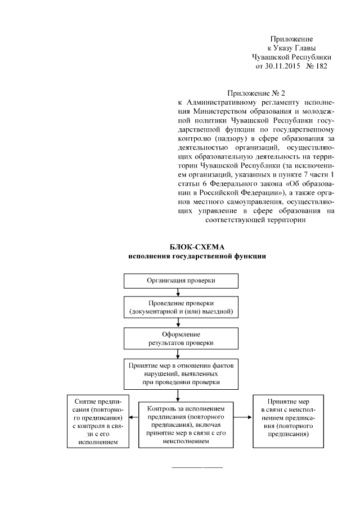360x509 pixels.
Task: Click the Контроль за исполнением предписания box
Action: pos(186,425)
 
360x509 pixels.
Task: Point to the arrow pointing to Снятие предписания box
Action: pos(133,417)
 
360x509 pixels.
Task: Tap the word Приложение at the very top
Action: pos(291,39)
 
